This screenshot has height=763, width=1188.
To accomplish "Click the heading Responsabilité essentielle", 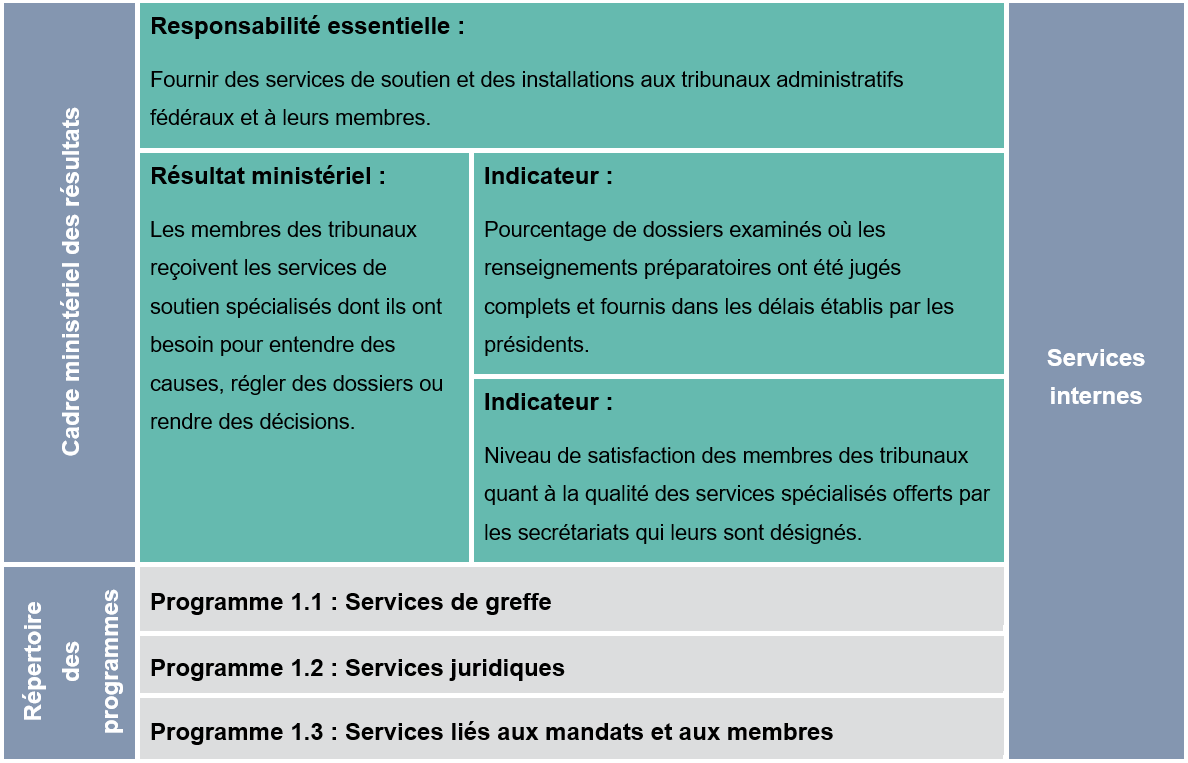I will (307, 27).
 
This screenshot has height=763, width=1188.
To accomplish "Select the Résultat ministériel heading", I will (267, 177).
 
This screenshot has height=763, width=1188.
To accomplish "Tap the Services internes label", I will (1095, 377).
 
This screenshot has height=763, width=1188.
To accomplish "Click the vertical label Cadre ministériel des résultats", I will (70, 282).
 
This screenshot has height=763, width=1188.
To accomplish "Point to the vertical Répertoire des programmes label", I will (71, 661).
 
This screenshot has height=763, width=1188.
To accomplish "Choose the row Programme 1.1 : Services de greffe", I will (350, 602).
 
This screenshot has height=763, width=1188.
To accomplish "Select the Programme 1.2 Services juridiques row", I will (357, 668).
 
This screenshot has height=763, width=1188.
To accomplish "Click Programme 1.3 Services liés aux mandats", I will (491, 732).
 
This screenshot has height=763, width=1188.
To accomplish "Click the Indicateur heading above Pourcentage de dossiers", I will (548, 177).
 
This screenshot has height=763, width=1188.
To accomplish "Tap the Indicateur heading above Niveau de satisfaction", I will (548, 403).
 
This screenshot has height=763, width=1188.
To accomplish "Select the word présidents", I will (536, 345).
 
